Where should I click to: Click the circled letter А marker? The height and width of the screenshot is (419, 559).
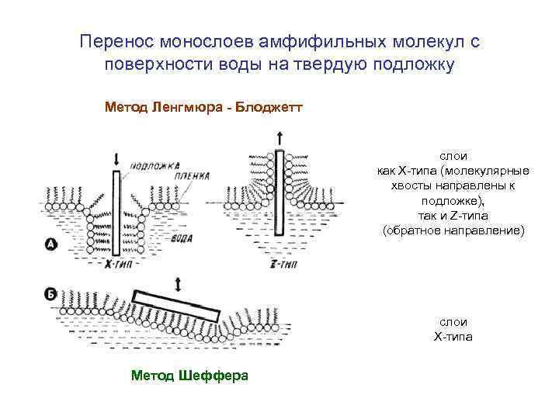50,245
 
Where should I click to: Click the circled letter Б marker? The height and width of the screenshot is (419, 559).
50,294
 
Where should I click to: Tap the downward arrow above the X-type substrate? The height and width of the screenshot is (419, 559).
116,159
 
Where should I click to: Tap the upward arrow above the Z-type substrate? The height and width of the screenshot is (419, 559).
278,140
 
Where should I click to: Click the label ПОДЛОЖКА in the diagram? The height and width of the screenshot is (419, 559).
155,166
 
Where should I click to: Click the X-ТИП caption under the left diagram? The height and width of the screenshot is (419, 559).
117,265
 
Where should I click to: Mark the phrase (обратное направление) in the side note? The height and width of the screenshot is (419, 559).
454,230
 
